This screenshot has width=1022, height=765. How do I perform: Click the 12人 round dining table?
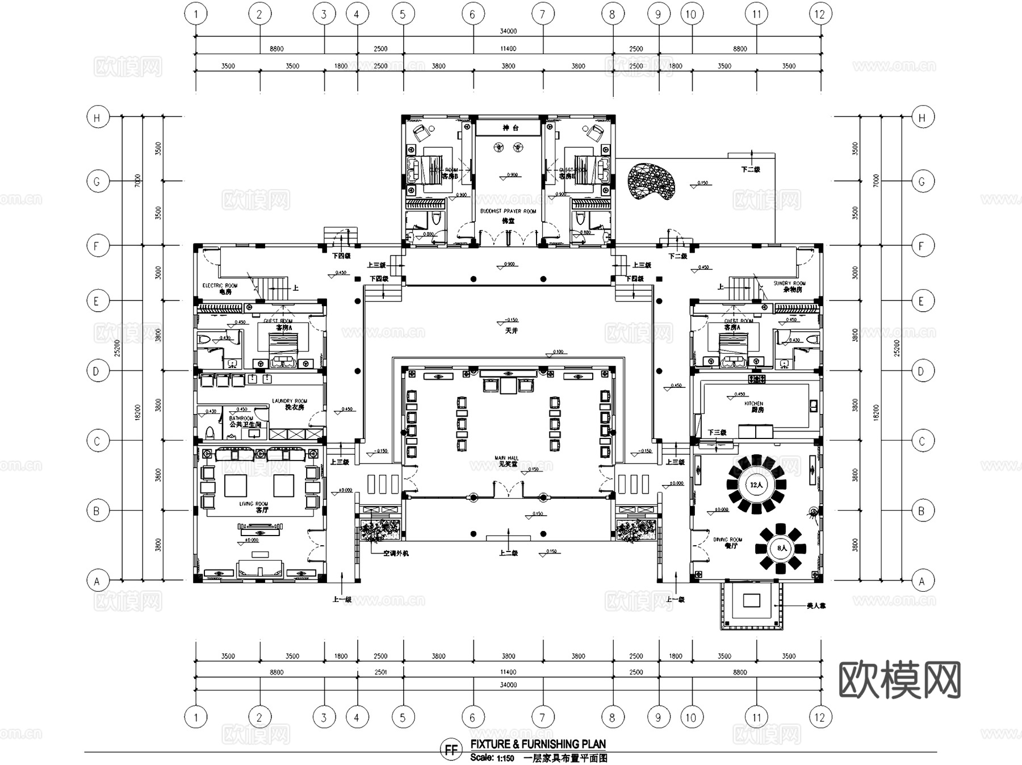tap(756, 485)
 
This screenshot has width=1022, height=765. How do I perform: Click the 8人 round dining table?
tap(781, 548)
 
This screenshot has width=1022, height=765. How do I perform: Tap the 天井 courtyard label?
tap(511, 331)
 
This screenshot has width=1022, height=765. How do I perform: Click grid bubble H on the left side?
tap(97, 118)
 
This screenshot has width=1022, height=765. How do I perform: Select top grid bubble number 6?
tap(472, 14)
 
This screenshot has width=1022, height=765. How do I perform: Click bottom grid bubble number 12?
tap(819, 717)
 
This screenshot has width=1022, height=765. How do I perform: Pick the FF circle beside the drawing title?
tap(451, 750)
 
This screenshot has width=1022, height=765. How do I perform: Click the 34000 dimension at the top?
tap(508, 31)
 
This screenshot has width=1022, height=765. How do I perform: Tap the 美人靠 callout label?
tap(816, 606)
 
